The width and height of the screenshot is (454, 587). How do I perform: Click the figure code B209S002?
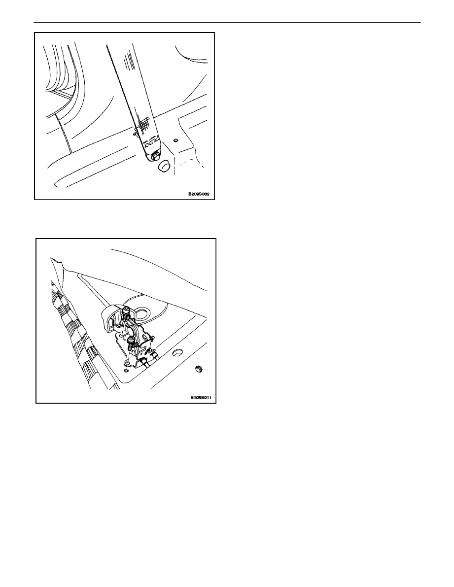199,194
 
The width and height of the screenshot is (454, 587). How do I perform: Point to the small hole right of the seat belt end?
175,140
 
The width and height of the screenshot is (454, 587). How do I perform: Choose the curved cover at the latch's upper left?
110,318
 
